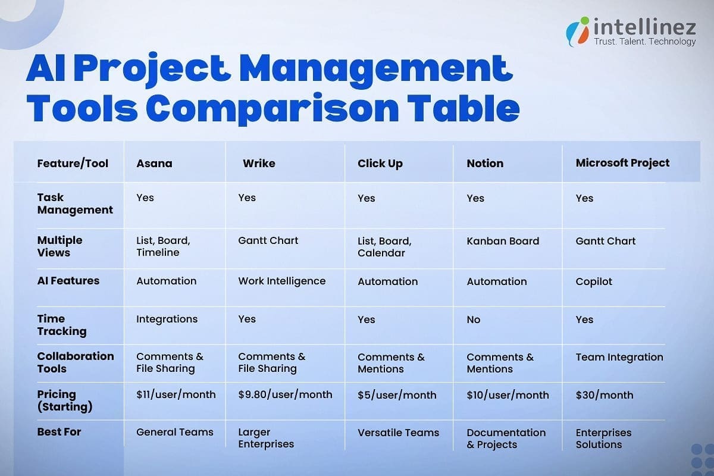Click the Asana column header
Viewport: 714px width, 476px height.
tap(154, 163)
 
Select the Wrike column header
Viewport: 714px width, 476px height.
tap(259, 163)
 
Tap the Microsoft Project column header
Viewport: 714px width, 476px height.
tap(622, 163)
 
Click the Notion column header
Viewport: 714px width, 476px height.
tap(485, 163)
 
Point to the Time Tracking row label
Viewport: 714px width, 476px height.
tap(61, 325)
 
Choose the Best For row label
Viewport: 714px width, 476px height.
tap(59, 432)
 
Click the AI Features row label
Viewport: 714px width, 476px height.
tap(68, 281)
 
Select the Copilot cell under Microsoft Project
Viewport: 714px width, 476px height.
tap(594, 281)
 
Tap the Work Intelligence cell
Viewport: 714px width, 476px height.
tap(281, 281)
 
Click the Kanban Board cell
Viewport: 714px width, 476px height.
tap(503, 241)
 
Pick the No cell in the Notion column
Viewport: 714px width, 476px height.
tap(473, 320)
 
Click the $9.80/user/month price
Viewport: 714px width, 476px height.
tap(285, 394)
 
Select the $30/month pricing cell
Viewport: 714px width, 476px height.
tap(604, 395)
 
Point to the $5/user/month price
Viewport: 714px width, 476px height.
tap(397, 395)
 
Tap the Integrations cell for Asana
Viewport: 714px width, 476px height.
tap(167, 320)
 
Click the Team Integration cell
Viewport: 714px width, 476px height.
tap(619, 357)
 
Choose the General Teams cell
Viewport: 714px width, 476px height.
tap(174, 433)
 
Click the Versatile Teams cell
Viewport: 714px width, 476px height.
tap(398, 433)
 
